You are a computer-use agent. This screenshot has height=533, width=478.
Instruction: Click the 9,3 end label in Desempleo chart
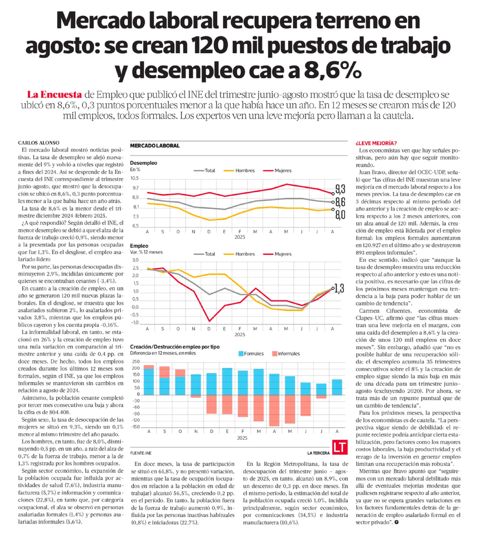(340, 189)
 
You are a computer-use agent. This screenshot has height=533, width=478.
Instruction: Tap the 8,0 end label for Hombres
(340, 215)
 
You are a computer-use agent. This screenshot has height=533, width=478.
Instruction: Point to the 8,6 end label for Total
(340, 202)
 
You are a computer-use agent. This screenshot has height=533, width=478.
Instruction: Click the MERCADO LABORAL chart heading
(155, 146)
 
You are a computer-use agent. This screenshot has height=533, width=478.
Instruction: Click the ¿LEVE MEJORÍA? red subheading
(376, 143)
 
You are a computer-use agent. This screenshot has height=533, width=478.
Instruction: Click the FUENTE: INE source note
(140, 453)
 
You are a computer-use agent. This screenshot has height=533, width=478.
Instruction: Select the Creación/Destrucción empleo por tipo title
(182, 346)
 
